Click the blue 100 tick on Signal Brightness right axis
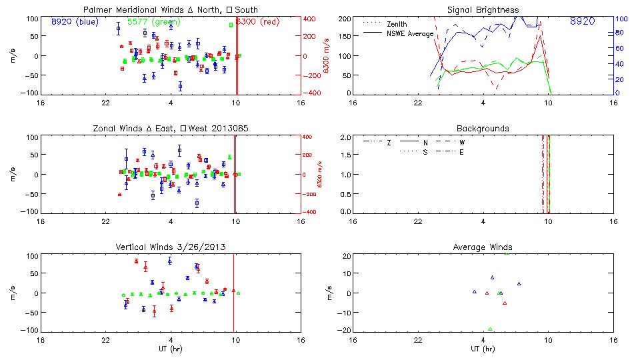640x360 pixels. click(619, 19)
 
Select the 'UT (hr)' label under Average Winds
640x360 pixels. click(480, 349)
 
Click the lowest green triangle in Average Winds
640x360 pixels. click(490, 329)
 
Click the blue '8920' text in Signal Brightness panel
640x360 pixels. click(583, 21)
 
